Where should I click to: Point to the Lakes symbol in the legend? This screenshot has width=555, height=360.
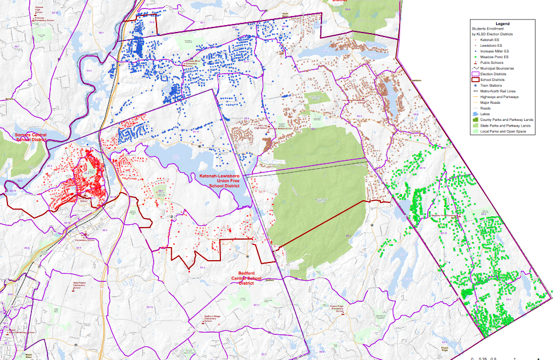(474, 114)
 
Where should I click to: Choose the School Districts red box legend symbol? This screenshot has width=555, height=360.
(474, 79)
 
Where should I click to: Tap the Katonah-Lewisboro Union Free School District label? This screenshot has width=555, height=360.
(219, 180)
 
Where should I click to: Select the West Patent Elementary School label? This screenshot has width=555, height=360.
(79, 284)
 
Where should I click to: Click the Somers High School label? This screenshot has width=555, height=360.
(39, 10)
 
